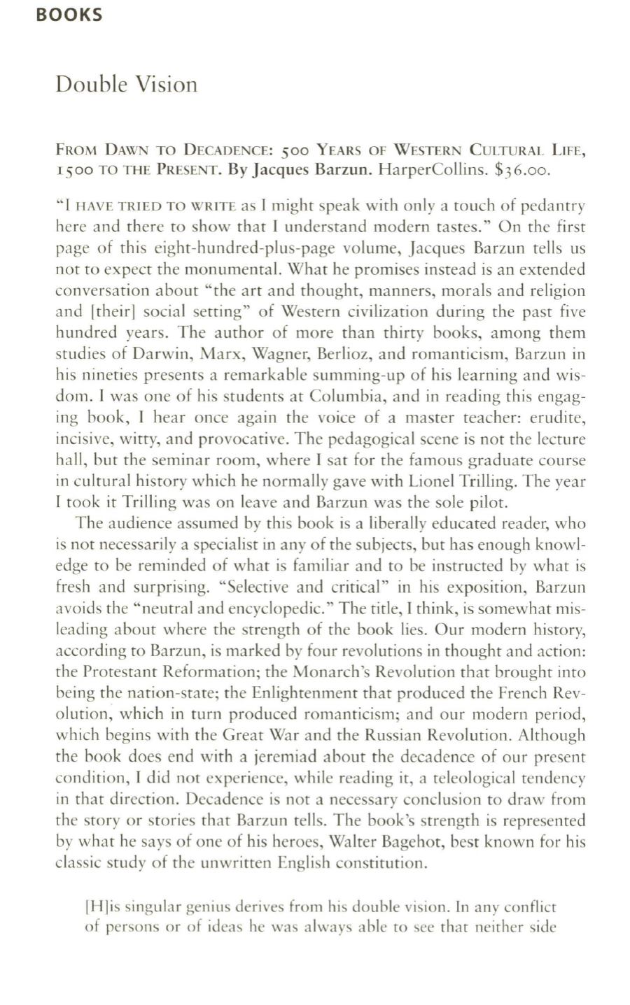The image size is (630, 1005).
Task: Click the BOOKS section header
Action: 69,15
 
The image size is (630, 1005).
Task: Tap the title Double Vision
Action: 126,85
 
